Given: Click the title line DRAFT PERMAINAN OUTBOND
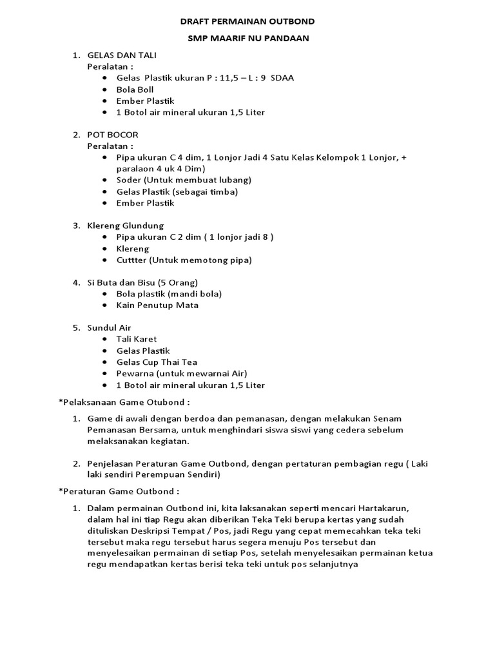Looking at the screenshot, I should pos(247,21).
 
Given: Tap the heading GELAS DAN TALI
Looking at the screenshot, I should pos(122,55).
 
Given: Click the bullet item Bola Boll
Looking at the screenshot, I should pos(135,90).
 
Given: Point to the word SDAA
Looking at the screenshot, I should pos(282,78).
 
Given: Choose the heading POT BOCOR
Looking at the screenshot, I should pos(113,135).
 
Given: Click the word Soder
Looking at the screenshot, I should pos(128,180).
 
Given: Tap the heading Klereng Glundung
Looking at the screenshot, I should pos(126,226).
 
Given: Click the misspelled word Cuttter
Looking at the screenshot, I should pos(132,260).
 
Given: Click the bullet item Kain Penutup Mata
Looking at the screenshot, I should pos(157,306).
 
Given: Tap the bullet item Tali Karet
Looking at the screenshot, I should pos(137,339).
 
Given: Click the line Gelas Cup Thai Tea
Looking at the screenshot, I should pos(157,362).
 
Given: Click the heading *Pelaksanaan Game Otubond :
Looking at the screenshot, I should pos(124,402).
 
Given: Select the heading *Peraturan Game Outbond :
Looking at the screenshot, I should pos(119,491).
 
